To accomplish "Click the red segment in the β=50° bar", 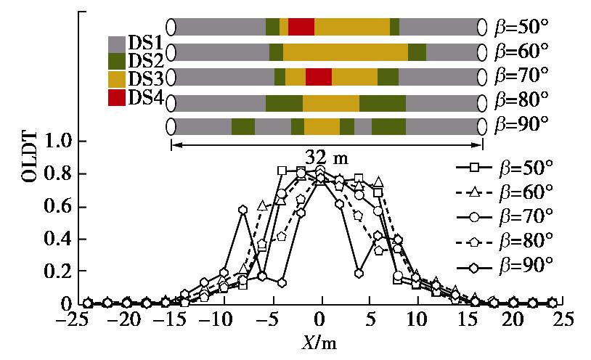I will [x=301, y=27].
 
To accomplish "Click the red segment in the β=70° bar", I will [x=319, y=76].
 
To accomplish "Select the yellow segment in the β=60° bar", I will [x=345, y=52].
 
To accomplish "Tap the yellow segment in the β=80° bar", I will [x=331, y=102].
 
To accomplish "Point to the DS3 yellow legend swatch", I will [x=116, y=79].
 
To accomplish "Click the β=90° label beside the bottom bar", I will [x=521, y=124].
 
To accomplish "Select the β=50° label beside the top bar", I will [x=521, y=27].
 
